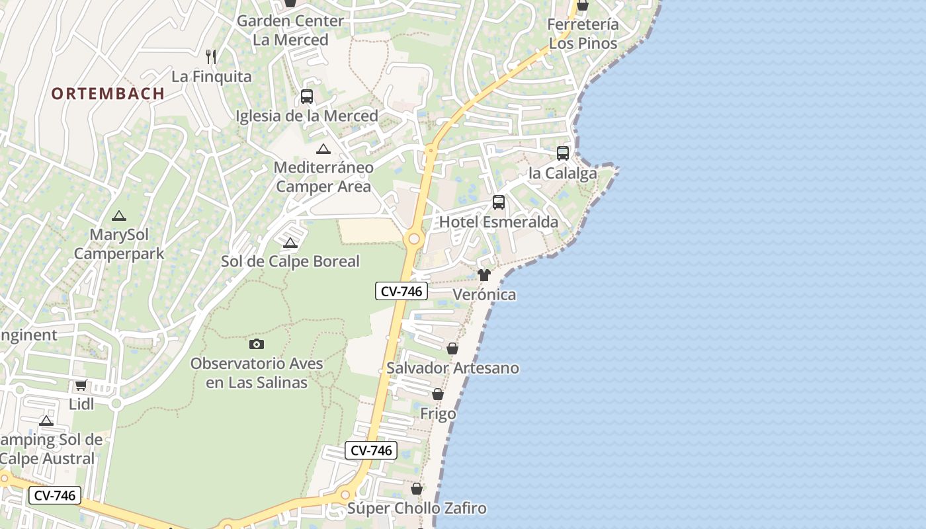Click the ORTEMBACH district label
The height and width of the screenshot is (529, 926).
click(108, 93)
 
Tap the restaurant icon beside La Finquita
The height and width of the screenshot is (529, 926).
click(211, 57)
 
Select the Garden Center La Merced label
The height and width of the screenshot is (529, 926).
click(290, 30)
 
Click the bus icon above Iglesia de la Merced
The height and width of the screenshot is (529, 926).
click(307, 97)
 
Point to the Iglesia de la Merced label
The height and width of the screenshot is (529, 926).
click(307, 116)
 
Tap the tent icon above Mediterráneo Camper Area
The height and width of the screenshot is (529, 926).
click(323, 149)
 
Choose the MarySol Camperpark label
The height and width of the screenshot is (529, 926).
click(119, 244)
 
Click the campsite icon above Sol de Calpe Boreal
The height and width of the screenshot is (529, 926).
click(290, 243)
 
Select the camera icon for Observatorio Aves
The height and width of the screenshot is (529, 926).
click(257, 344)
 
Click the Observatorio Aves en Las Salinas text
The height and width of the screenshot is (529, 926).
click(257, 373)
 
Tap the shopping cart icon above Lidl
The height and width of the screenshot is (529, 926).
click(81, 385)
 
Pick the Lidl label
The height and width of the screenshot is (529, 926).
click(81, 404)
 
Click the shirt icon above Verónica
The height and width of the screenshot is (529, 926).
click(484, 275)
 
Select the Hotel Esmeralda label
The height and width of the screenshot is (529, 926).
click(499, 222)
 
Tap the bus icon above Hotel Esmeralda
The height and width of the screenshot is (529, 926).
click(499, 202)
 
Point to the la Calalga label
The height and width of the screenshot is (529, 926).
click(562, 173)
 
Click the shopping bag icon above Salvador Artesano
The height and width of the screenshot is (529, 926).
click(452, 348)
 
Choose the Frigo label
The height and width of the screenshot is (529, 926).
click(438, 414)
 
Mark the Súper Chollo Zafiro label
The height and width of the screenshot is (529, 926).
click(417, 509)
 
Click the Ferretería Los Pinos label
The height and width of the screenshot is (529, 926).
click(583, 34)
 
